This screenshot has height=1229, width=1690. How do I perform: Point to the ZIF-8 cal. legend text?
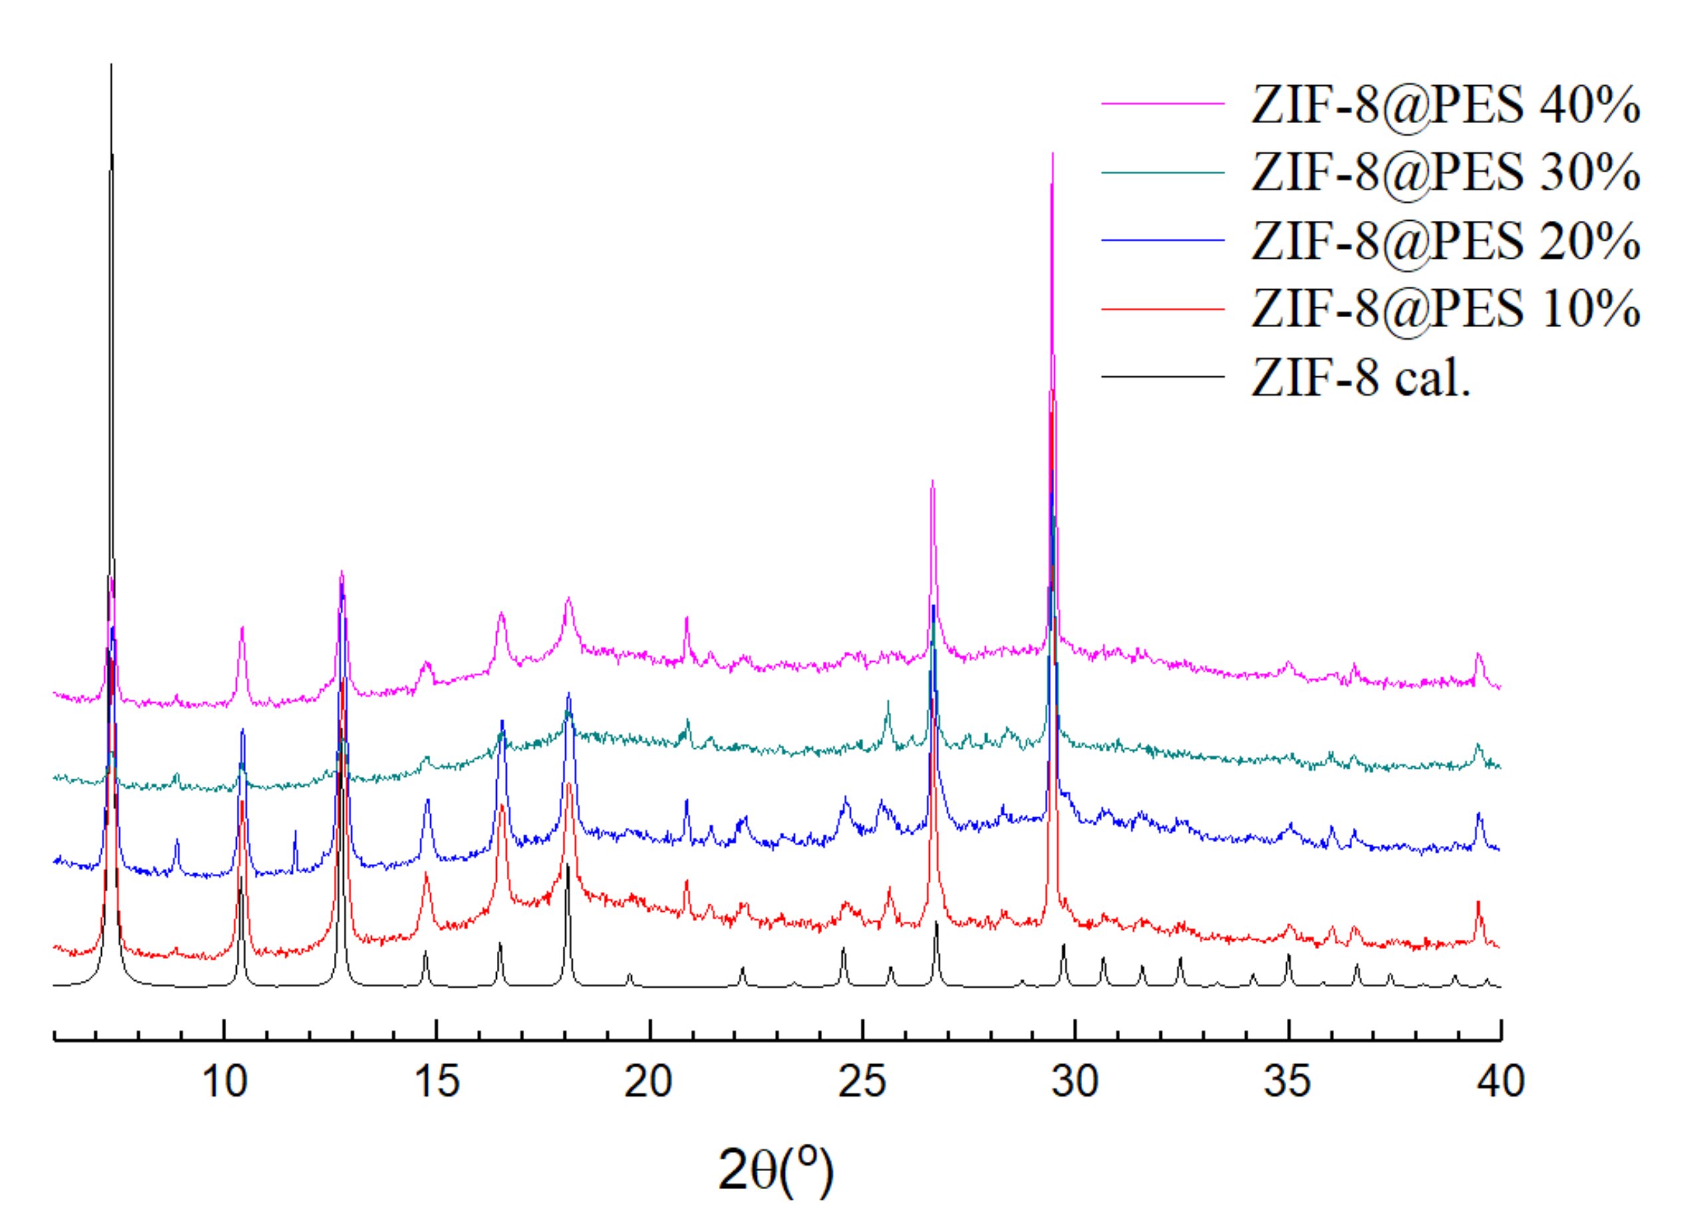coord(1361,378)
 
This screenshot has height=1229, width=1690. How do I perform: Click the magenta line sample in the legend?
coord(1163,104)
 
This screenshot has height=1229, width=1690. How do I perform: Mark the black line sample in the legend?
coord(1163,376)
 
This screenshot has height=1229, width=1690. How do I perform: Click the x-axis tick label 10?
coord(224,1082)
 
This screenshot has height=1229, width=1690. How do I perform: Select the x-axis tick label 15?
coord(438,1082)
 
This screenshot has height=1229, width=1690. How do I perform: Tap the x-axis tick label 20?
coord(650,1082)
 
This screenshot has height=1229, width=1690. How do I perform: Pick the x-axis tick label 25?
coord(862,1082)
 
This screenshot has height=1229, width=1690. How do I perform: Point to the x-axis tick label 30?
coord(1075,1082)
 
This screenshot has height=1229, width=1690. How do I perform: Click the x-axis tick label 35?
coord(1288,1082)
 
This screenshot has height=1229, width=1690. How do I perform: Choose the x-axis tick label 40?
coord(1500,1082)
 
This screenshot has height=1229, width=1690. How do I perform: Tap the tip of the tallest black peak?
coord(111,66)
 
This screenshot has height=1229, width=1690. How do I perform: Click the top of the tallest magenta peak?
coord(1052,154)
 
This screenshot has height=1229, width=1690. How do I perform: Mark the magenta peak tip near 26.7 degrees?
coord(932,481)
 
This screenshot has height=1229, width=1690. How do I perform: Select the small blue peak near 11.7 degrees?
coord(295,832)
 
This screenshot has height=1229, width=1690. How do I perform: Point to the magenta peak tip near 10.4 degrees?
coord(242,628)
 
